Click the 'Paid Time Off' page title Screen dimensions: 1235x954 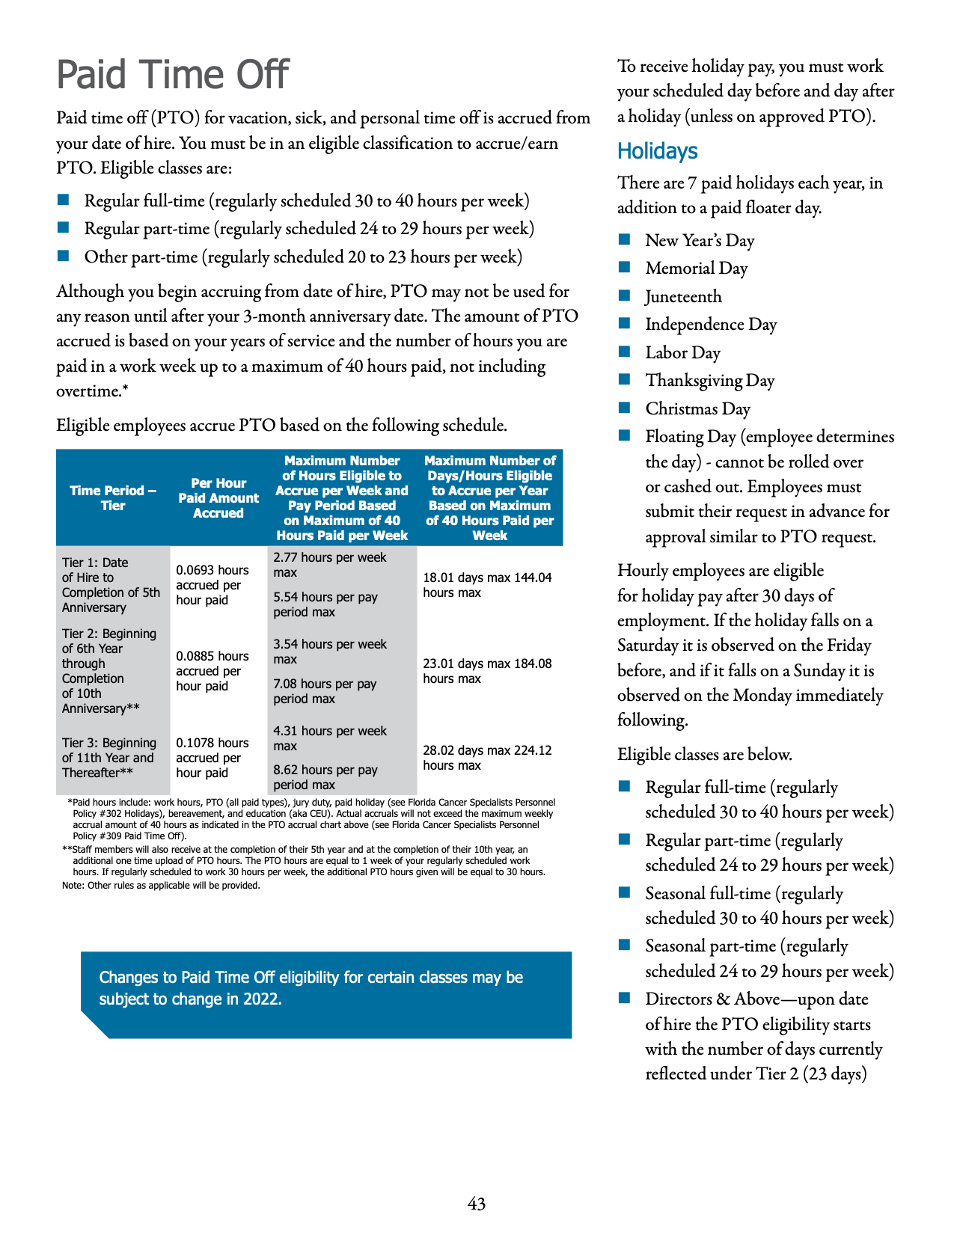click(173, 75)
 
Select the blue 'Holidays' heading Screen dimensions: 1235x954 click(657, 151)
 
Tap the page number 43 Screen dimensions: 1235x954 click(477, 1204)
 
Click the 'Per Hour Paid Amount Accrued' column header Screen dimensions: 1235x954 click(218, 498)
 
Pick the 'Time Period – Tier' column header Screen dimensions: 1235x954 click(113, 498)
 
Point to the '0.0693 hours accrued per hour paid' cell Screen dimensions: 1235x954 click(212, 585)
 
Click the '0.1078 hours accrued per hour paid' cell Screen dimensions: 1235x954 click(212, 758)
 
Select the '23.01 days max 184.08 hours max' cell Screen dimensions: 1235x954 click(487, 671)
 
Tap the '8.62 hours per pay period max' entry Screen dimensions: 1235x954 click(325, 777)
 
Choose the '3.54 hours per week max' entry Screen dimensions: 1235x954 click(330, 652)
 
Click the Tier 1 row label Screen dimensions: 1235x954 click(111, 585)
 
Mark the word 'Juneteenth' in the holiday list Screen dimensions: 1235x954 click(683, 297)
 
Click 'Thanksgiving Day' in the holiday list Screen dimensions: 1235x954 click(709, 381)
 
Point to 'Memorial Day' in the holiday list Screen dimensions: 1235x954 click(696, 269)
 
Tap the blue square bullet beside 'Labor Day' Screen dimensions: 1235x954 click(625, 352)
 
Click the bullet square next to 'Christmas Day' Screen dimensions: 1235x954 click(625, 408)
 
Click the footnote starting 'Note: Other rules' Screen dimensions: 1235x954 click(161, 886)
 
